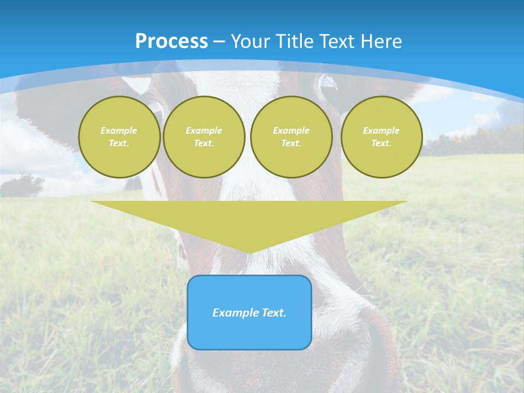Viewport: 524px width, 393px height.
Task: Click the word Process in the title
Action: [x=171, y=41]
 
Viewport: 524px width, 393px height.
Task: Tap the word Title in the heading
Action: [x=295, y=41]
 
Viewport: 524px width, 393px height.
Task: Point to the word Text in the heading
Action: [x=337, y=41]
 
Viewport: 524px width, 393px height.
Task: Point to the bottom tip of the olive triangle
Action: [x=249, y=252]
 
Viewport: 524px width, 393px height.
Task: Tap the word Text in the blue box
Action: [x=274, y=313]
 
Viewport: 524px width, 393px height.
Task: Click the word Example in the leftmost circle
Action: [x=119, y=131]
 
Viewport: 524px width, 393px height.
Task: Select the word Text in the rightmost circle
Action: [x=381, y=144]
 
